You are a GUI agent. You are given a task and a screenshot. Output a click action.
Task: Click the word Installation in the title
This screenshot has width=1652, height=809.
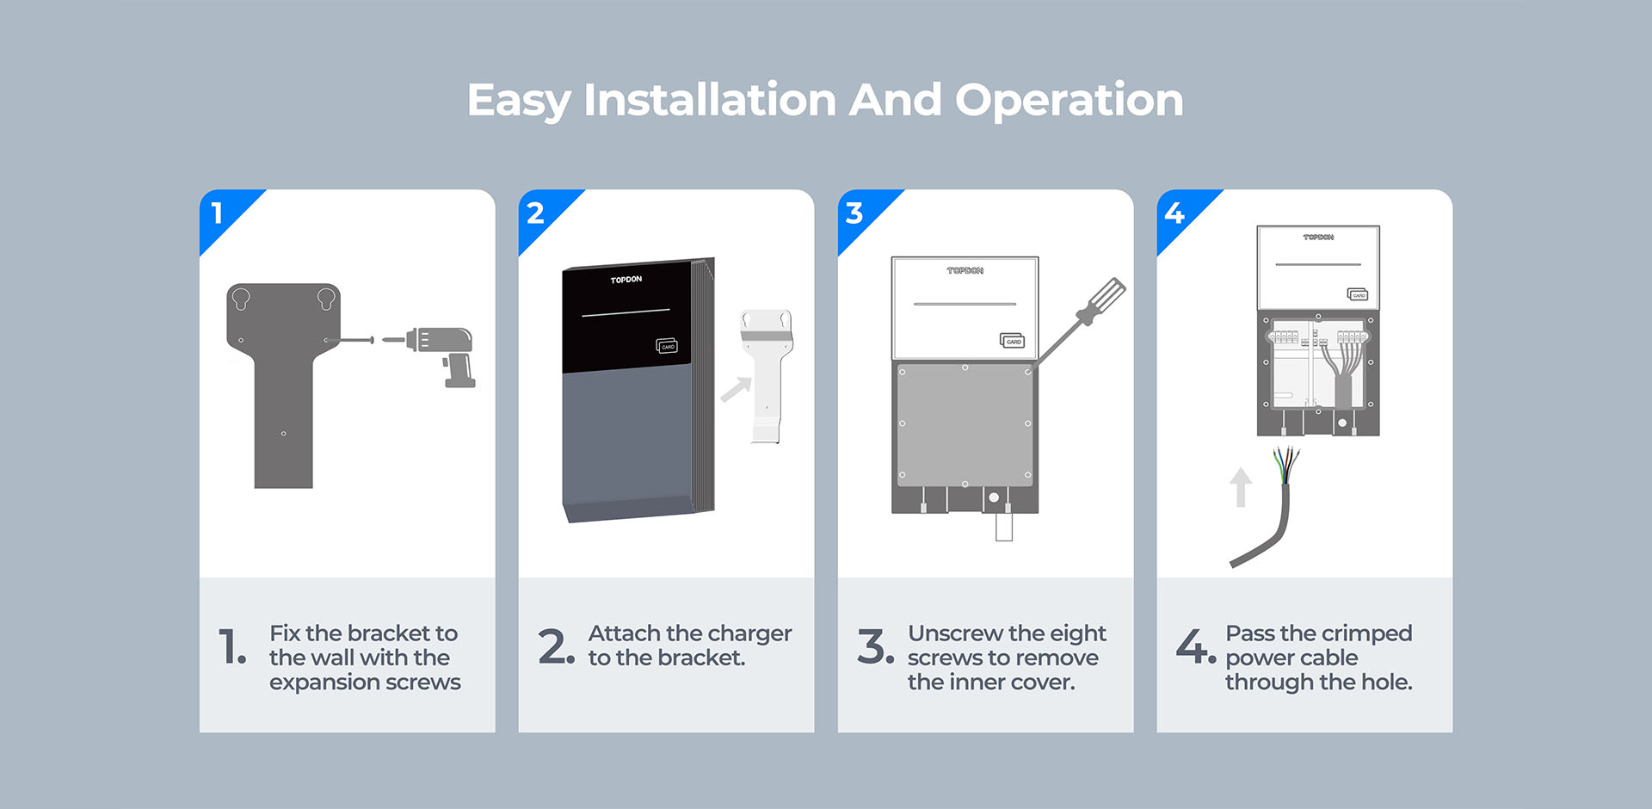tap(710, 100)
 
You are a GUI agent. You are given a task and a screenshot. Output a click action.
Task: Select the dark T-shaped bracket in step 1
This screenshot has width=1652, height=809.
tap(284, 386)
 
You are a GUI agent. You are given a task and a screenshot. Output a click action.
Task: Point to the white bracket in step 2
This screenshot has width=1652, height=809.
tap(767, 376)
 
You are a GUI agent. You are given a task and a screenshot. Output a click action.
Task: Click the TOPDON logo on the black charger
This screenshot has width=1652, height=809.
tap(626, 280)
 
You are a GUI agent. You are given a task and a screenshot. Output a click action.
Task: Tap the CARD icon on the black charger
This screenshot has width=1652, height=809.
tap(667, 346)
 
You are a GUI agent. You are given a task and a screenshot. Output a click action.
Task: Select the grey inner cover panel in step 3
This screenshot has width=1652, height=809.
tap(965, 425)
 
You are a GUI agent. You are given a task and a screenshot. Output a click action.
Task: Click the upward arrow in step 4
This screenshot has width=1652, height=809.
tap(1240, 487)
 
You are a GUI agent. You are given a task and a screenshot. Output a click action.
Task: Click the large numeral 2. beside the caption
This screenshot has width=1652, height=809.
tap(557, 646)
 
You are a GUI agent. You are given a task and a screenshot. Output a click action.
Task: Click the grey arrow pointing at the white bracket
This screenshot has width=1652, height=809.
tap(736, 390)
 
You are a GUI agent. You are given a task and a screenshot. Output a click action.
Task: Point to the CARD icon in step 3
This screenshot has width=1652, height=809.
tap(1012, 341)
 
